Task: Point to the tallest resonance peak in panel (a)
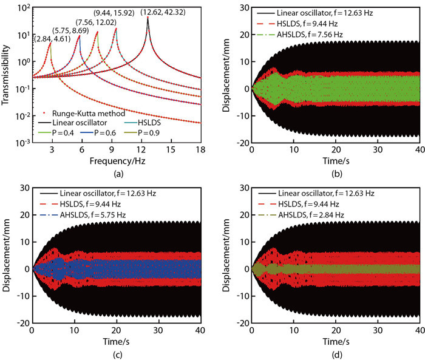(x=148, y=18)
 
